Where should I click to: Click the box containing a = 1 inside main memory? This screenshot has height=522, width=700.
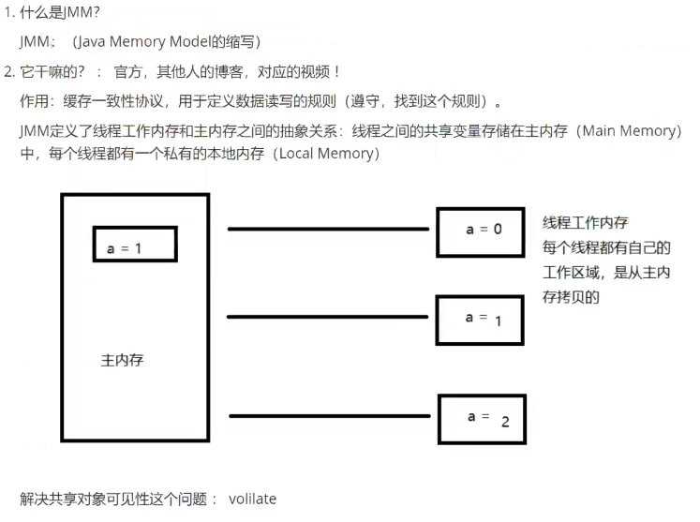134,244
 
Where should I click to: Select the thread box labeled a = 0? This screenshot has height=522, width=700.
480,231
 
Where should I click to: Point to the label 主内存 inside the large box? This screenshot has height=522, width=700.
122,360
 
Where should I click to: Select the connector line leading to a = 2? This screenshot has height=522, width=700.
333,415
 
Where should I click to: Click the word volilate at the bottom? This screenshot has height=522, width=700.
252,499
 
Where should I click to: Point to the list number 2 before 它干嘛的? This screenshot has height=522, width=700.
7,71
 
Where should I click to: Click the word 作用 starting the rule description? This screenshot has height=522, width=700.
33,101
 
